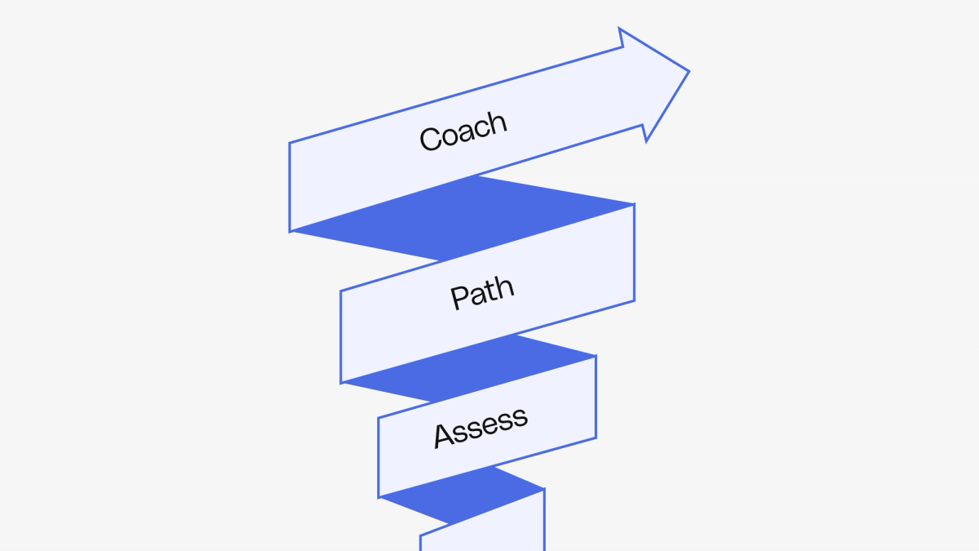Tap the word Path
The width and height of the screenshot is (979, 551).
point(482,293)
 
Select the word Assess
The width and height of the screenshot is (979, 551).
point(481,426)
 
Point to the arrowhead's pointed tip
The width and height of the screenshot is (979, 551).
point(688,72)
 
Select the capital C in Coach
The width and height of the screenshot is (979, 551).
point(430,140)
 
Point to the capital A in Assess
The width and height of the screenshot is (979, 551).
point(443,436)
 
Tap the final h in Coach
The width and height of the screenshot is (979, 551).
point(497,122)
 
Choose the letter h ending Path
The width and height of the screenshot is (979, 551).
point(505,287)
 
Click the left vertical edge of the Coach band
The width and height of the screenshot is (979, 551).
point(290,187)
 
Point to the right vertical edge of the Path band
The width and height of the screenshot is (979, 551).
point(634,252)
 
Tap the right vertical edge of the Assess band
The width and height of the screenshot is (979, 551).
point(596,397)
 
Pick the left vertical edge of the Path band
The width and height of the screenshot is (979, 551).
point(341,336)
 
